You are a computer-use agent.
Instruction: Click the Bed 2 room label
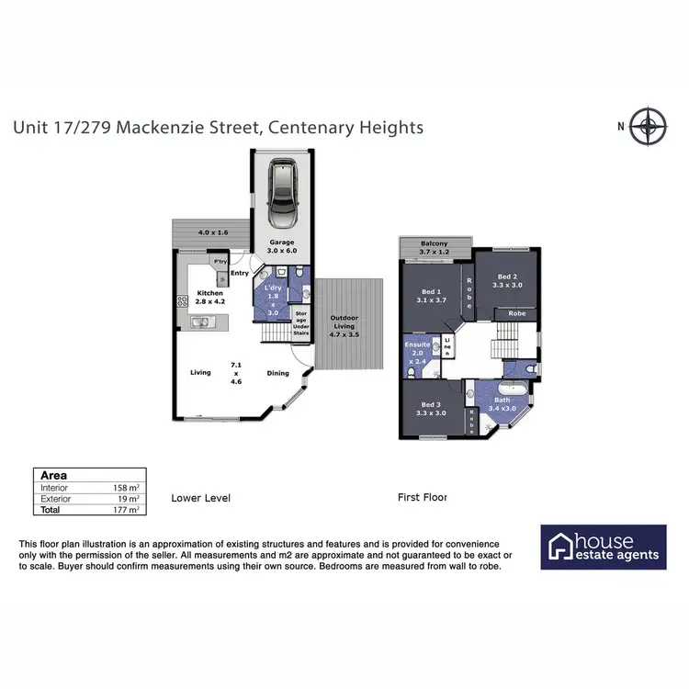coord(508,280)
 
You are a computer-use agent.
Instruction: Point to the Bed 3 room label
coord(430,409)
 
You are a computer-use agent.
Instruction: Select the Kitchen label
coord(210,297)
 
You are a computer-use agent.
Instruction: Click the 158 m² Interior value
coord(125,489)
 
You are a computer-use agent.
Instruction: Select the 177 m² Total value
coord(125,510)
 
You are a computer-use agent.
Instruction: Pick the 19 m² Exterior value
coord(127,499)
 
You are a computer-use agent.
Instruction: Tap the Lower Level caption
coord(200,498)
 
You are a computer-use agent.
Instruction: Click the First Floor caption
coord(422,498)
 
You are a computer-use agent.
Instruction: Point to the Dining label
coord(279,373)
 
